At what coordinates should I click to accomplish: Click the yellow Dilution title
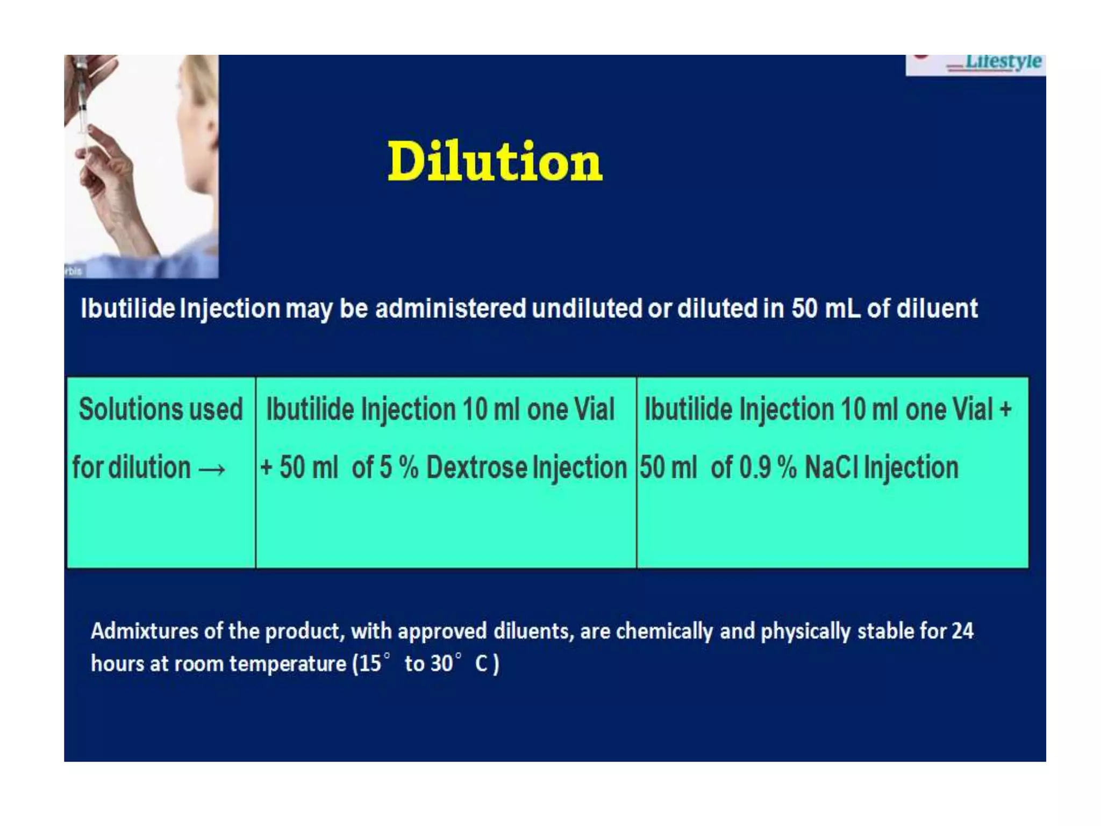495,161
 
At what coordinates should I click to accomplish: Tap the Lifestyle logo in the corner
1002,62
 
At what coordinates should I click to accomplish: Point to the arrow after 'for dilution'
212,470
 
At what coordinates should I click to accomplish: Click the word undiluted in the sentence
588,309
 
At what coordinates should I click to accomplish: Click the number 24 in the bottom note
962,631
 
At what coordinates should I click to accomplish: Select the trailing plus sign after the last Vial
1005,409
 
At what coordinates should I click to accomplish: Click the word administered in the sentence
451,309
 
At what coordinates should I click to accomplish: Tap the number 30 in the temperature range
441,664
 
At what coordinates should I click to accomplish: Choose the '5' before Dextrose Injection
385,467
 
